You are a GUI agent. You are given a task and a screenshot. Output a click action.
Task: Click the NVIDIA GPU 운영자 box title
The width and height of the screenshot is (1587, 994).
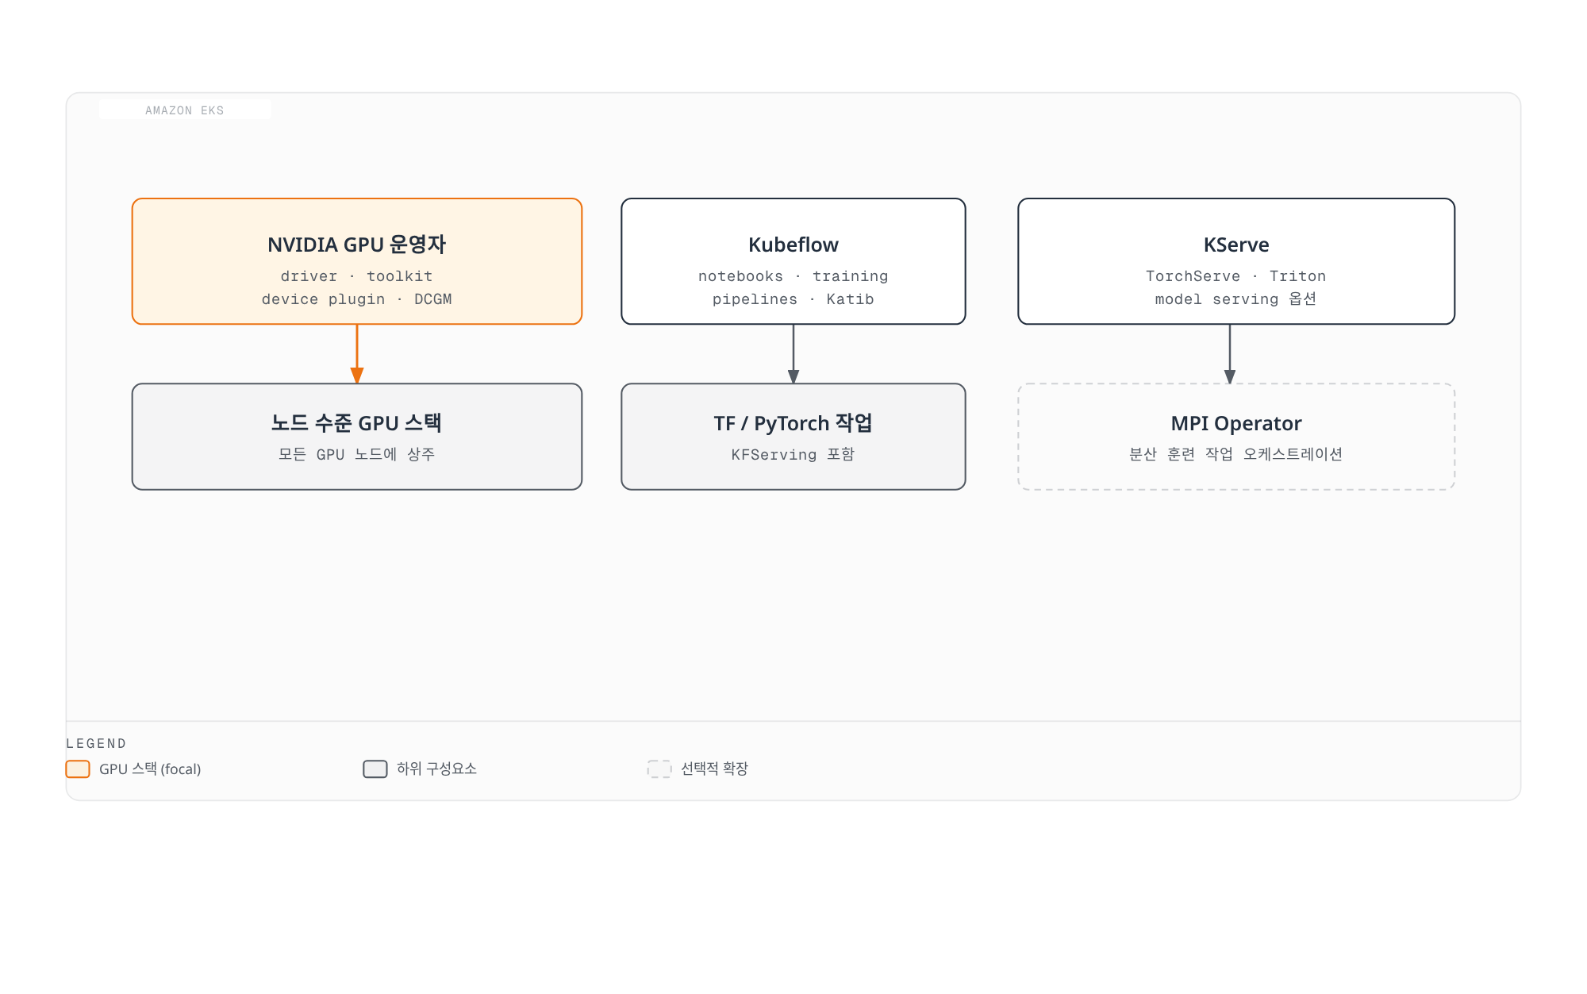tap(357, 245)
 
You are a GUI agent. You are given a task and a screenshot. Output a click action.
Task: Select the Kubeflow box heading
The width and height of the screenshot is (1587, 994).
tap(793, 245)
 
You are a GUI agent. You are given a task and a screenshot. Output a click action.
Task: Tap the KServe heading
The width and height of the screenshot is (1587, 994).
tap(1236, 245)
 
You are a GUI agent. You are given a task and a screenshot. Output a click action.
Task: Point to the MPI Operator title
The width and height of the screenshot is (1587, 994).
tap(1236, 423)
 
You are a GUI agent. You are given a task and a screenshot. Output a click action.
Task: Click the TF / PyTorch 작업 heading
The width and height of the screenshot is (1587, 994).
tap(793, 423)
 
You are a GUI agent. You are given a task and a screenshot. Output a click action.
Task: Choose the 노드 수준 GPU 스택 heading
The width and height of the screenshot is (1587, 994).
tap(357, 423)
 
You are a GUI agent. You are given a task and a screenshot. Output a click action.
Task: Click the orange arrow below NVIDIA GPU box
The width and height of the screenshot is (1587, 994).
tap(357, 354)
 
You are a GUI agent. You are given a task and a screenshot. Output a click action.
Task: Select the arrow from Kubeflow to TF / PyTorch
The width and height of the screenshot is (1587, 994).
tap(793, 354)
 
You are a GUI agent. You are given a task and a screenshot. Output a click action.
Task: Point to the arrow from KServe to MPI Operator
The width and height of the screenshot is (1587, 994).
tap(1230, 354)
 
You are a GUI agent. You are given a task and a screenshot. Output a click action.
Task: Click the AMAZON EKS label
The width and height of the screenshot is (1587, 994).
tap(185, 110)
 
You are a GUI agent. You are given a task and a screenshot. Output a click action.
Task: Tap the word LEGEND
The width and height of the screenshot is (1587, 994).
tap(96, 744)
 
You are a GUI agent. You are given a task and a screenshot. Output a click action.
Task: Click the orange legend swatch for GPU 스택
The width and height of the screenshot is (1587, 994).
tap(78, 769)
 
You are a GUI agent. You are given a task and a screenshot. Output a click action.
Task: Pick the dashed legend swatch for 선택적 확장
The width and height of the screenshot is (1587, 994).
tap(659, 769)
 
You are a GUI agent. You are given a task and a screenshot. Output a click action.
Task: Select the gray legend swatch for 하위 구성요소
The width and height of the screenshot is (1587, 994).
tap(375, 769)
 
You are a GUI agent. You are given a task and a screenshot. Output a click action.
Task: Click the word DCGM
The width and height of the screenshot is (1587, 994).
tap(433, 299)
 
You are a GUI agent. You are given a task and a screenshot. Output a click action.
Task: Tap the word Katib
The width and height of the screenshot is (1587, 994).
tap(850, 299)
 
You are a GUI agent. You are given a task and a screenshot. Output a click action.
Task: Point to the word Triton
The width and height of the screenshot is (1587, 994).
tap(1298, 276)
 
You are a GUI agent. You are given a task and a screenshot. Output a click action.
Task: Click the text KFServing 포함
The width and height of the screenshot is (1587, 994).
tap(793, 454)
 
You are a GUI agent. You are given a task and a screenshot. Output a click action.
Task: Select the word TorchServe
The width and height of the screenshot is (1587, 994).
tap(1193, 276)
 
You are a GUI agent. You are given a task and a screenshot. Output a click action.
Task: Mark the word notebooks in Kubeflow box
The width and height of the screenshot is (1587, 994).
tap(740, 276)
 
